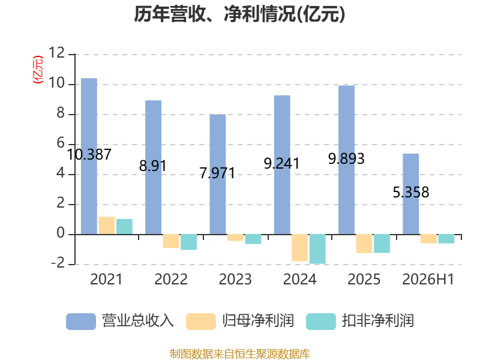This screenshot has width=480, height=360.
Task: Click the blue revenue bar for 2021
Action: click(x=89, y=157)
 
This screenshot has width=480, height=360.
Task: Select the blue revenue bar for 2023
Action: click(x=218, y=175)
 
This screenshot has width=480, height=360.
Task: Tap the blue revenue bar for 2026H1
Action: click(x=411, y=194)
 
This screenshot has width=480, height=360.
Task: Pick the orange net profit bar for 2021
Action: click(x=107, y=226)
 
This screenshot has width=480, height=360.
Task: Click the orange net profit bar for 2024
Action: click(x=299, y=248)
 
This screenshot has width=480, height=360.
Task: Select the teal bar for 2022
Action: click(x=188, y=242)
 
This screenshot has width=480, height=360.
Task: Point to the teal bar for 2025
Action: click(x=382, y=244)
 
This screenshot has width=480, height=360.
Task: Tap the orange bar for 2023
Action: click(x=235, y=238)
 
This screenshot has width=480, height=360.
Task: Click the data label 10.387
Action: click(x=89, y=154)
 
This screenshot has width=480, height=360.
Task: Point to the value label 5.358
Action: click(x=411, y=192)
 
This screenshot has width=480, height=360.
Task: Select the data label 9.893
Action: click(x=346, y=158)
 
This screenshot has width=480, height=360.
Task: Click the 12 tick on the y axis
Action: click(x=56, y=53)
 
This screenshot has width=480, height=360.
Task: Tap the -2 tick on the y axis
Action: click(x=58, y=263)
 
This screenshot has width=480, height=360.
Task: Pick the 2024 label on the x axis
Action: click(x=299, y=279)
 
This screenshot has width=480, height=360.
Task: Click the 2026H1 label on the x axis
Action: click(x=428, y=279)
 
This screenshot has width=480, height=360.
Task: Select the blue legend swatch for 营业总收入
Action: click(x=81, y=322)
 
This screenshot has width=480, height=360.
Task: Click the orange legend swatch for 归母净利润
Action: click(x=201, y=322)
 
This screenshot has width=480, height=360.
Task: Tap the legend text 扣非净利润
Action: click(x=378, y=321)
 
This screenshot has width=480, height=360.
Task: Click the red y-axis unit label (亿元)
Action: click(x=38, y=70)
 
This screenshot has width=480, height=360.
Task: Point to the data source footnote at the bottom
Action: click(x=240, y=354)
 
